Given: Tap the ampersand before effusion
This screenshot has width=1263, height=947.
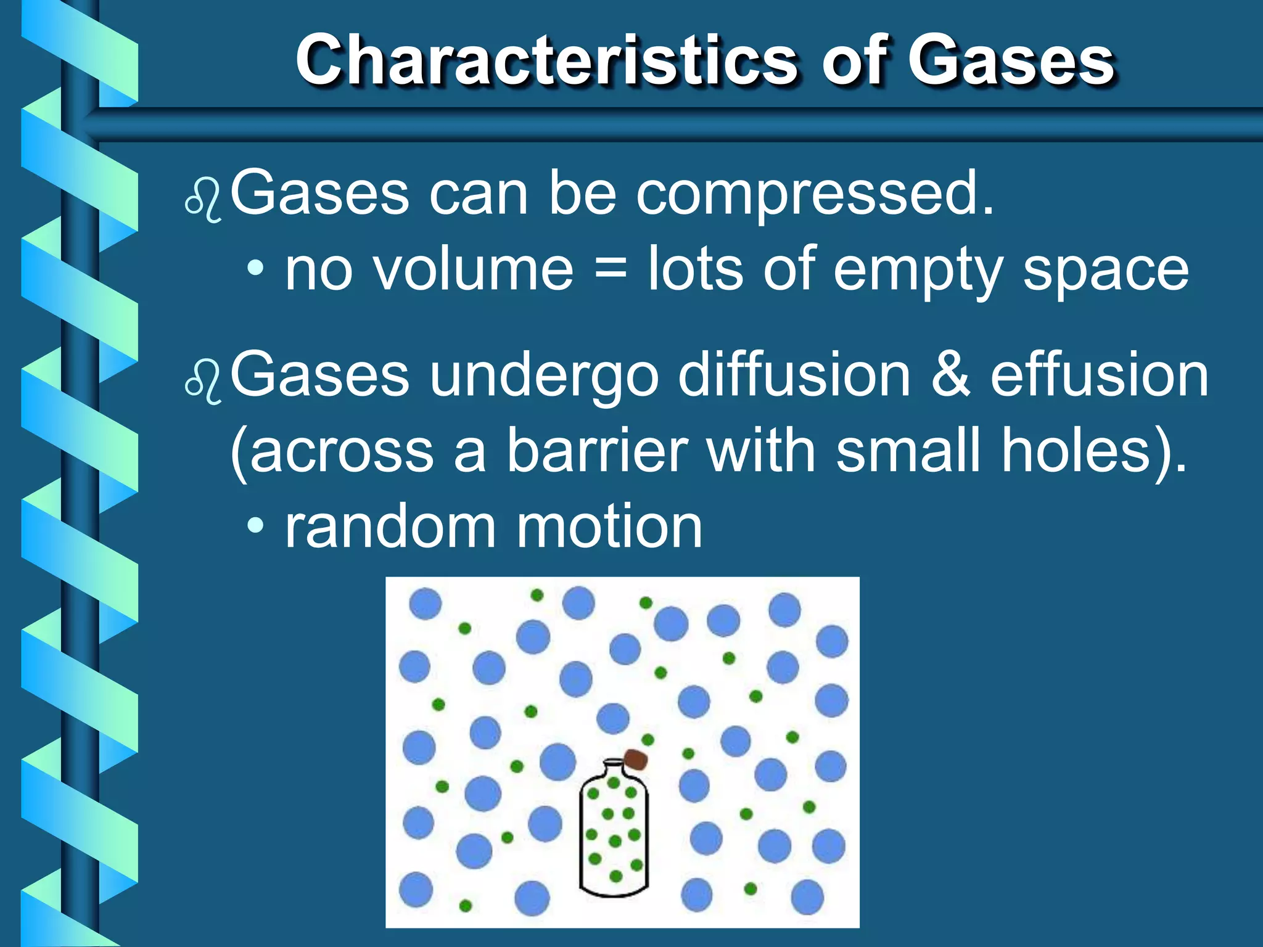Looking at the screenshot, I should [x=950, y=375].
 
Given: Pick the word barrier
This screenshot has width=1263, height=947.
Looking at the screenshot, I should [x=597, y=451].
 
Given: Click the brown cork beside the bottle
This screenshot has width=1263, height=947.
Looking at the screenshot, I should [x=636, y=760].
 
